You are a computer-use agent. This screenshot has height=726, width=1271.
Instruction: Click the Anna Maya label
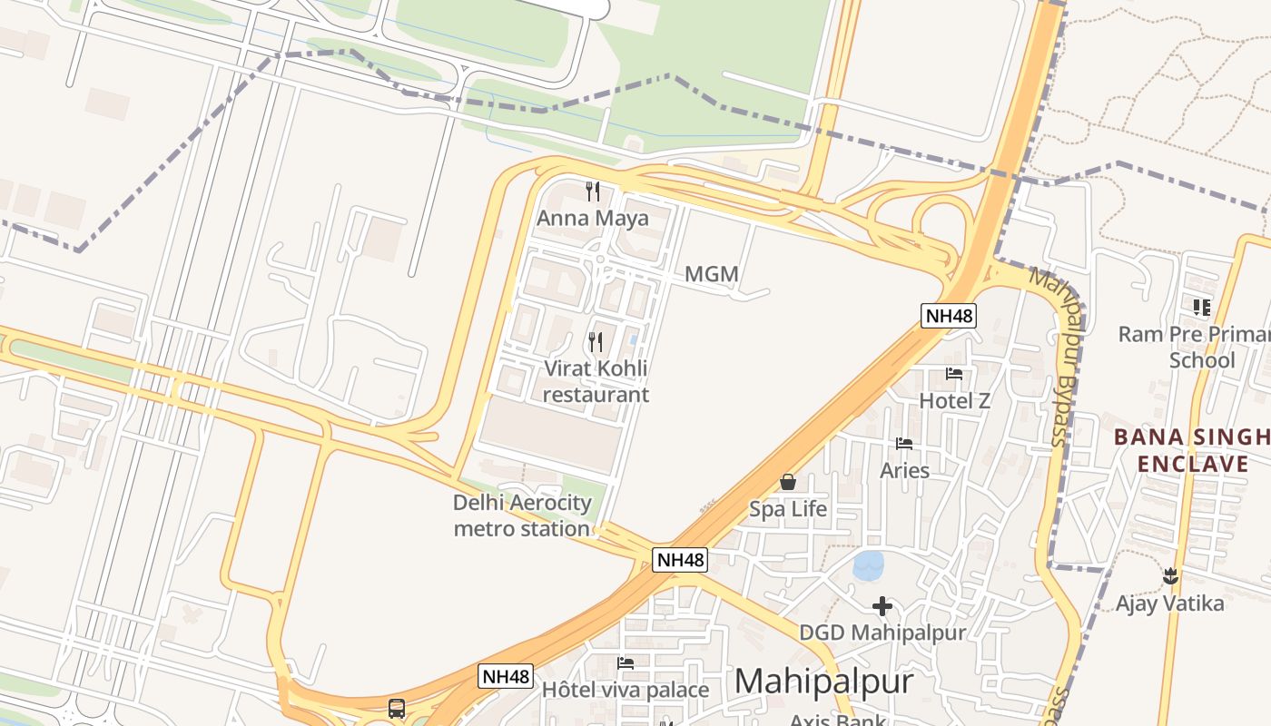click(x=593, y=218)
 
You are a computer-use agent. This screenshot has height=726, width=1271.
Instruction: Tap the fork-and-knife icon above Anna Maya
click(x=593, y=191)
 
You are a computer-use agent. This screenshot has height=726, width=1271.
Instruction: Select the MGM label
click(x=711, y=274)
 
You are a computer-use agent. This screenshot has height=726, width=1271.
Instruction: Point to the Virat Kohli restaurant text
click(x=596, y=381)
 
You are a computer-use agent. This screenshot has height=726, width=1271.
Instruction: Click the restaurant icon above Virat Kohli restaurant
click(x=596, y=341)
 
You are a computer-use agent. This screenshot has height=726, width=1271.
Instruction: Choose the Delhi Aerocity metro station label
click(x=522, y=515)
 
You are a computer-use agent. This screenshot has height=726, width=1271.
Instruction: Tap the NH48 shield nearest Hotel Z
click(x=949, y=316)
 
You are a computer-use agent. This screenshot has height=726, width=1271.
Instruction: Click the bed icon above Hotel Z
click(x=953, y=373)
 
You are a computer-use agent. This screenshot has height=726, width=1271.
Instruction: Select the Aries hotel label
click(x=904, y=470)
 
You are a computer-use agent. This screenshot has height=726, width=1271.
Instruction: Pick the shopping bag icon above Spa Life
click(x=788, y=482)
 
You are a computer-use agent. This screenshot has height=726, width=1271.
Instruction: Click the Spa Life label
click(x=788, y=509)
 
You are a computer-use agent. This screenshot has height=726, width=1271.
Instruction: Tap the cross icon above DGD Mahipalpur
click(x=882, y=605)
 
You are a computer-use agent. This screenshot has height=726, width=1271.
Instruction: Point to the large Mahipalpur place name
click(x=823, y=681)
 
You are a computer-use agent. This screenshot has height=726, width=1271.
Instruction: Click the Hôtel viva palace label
click(x=625, y=690)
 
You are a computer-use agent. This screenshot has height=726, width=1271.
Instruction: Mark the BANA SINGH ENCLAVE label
click(x=1191, y=451)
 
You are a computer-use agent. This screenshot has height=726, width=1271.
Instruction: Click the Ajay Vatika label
click(x=1169, y=603)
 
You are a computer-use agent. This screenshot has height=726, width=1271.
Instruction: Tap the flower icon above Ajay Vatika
click(x=1170, y=575)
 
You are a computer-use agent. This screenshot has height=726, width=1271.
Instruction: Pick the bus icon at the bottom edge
click(x=397, y=709)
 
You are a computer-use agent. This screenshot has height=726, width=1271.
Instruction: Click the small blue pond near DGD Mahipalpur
click(x=869, y=565)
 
